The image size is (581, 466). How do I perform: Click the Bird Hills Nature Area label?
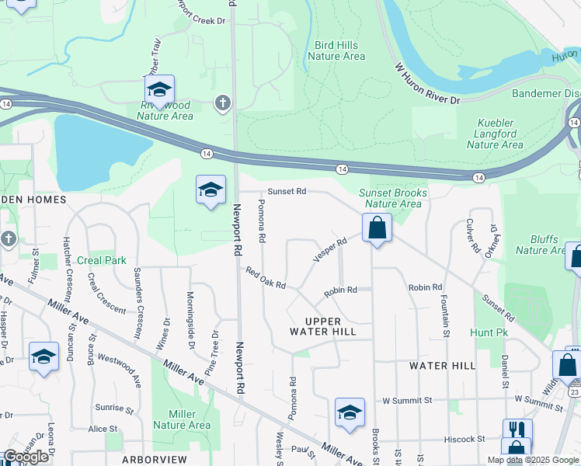coord(336,50)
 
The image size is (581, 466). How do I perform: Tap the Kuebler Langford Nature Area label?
coord(495,134)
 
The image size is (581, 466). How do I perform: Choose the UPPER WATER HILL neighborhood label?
coord(331,326)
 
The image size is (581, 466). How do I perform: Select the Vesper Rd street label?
coord(329,250)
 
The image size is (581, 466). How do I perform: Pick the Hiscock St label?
coord(464,439)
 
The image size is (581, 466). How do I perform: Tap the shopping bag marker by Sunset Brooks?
coord(377,228)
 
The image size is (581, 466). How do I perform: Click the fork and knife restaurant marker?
coord(517,429)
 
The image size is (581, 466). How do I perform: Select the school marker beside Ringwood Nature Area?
coord(159,90)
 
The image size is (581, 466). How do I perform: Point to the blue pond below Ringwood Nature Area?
coord(97,152)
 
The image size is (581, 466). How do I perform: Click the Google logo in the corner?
coord(26,457)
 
